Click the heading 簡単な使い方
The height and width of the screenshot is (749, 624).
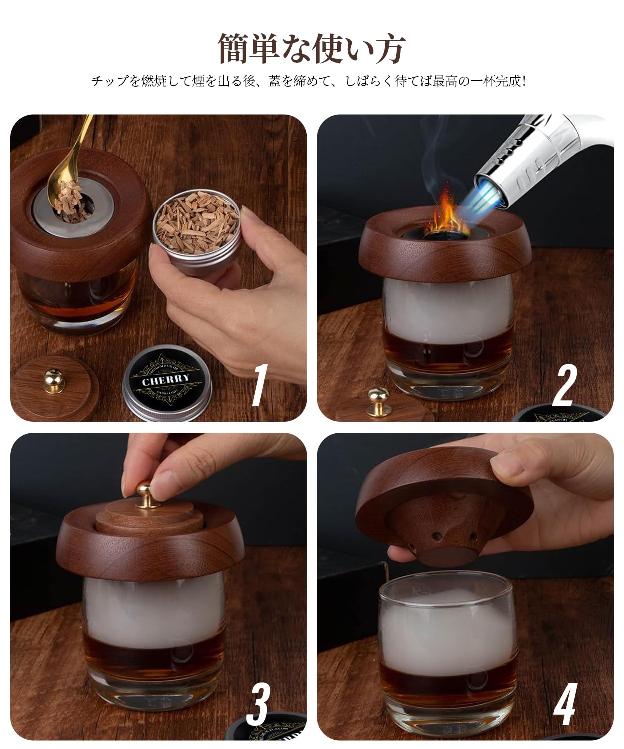point(312,48)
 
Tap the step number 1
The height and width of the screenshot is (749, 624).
point(260,385)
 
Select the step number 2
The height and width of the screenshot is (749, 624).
point(565,385)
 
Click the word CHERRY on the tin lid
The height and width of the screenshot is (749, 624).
point(165,379)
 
